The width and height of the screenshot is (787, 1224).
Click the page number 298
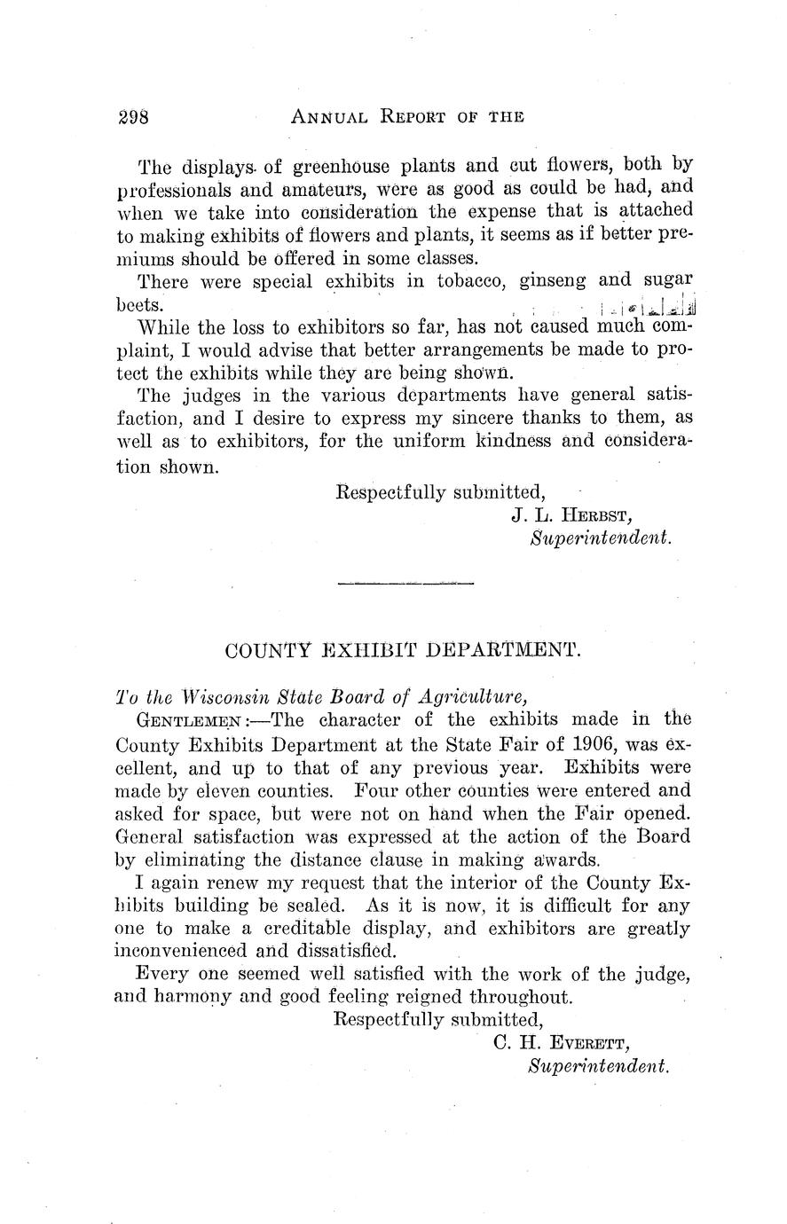[136, 116]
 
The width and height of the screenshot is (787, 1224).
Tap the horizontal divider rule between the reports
[405, 583]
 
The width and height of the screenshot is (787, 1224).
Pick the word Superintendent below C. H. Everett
[597, 1066]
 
